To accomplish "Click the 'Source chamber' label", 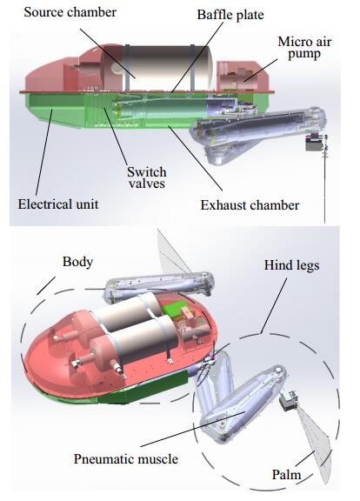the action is (x=70, y=12).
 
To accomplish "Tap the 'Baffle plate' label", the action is (x=230, y=15).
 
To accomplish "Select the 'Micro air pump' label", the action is (x=304, y=48).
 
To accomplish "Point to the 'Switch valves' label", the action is (x=147, y=177).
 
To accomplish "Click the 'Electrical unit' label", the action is (x=57, y=204).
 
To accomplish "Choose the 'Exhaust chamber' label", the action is (x=250, y=205).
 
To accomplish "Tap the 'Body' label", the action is (x=77, y=262).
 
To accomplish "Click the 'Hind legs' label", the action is (x=291, y=265).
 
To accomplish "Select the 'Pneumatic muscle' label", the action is (x=126, y=459).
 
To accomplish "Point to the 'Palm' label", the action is (x=286, y=475).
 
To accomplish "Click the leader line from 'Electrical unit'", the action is (x=44, y=152).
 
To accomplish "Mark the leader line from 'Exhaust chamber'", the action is (x=195, y=158).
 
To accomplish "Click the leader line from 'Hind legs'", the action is (x=273, y=306).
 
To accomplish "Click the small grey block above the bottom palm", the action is (x=289, y=401).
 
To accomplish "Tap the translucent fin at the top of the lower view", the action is (x=174, y=251).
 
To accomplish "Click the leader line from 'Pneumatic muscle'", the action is (x=193, y=429).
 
